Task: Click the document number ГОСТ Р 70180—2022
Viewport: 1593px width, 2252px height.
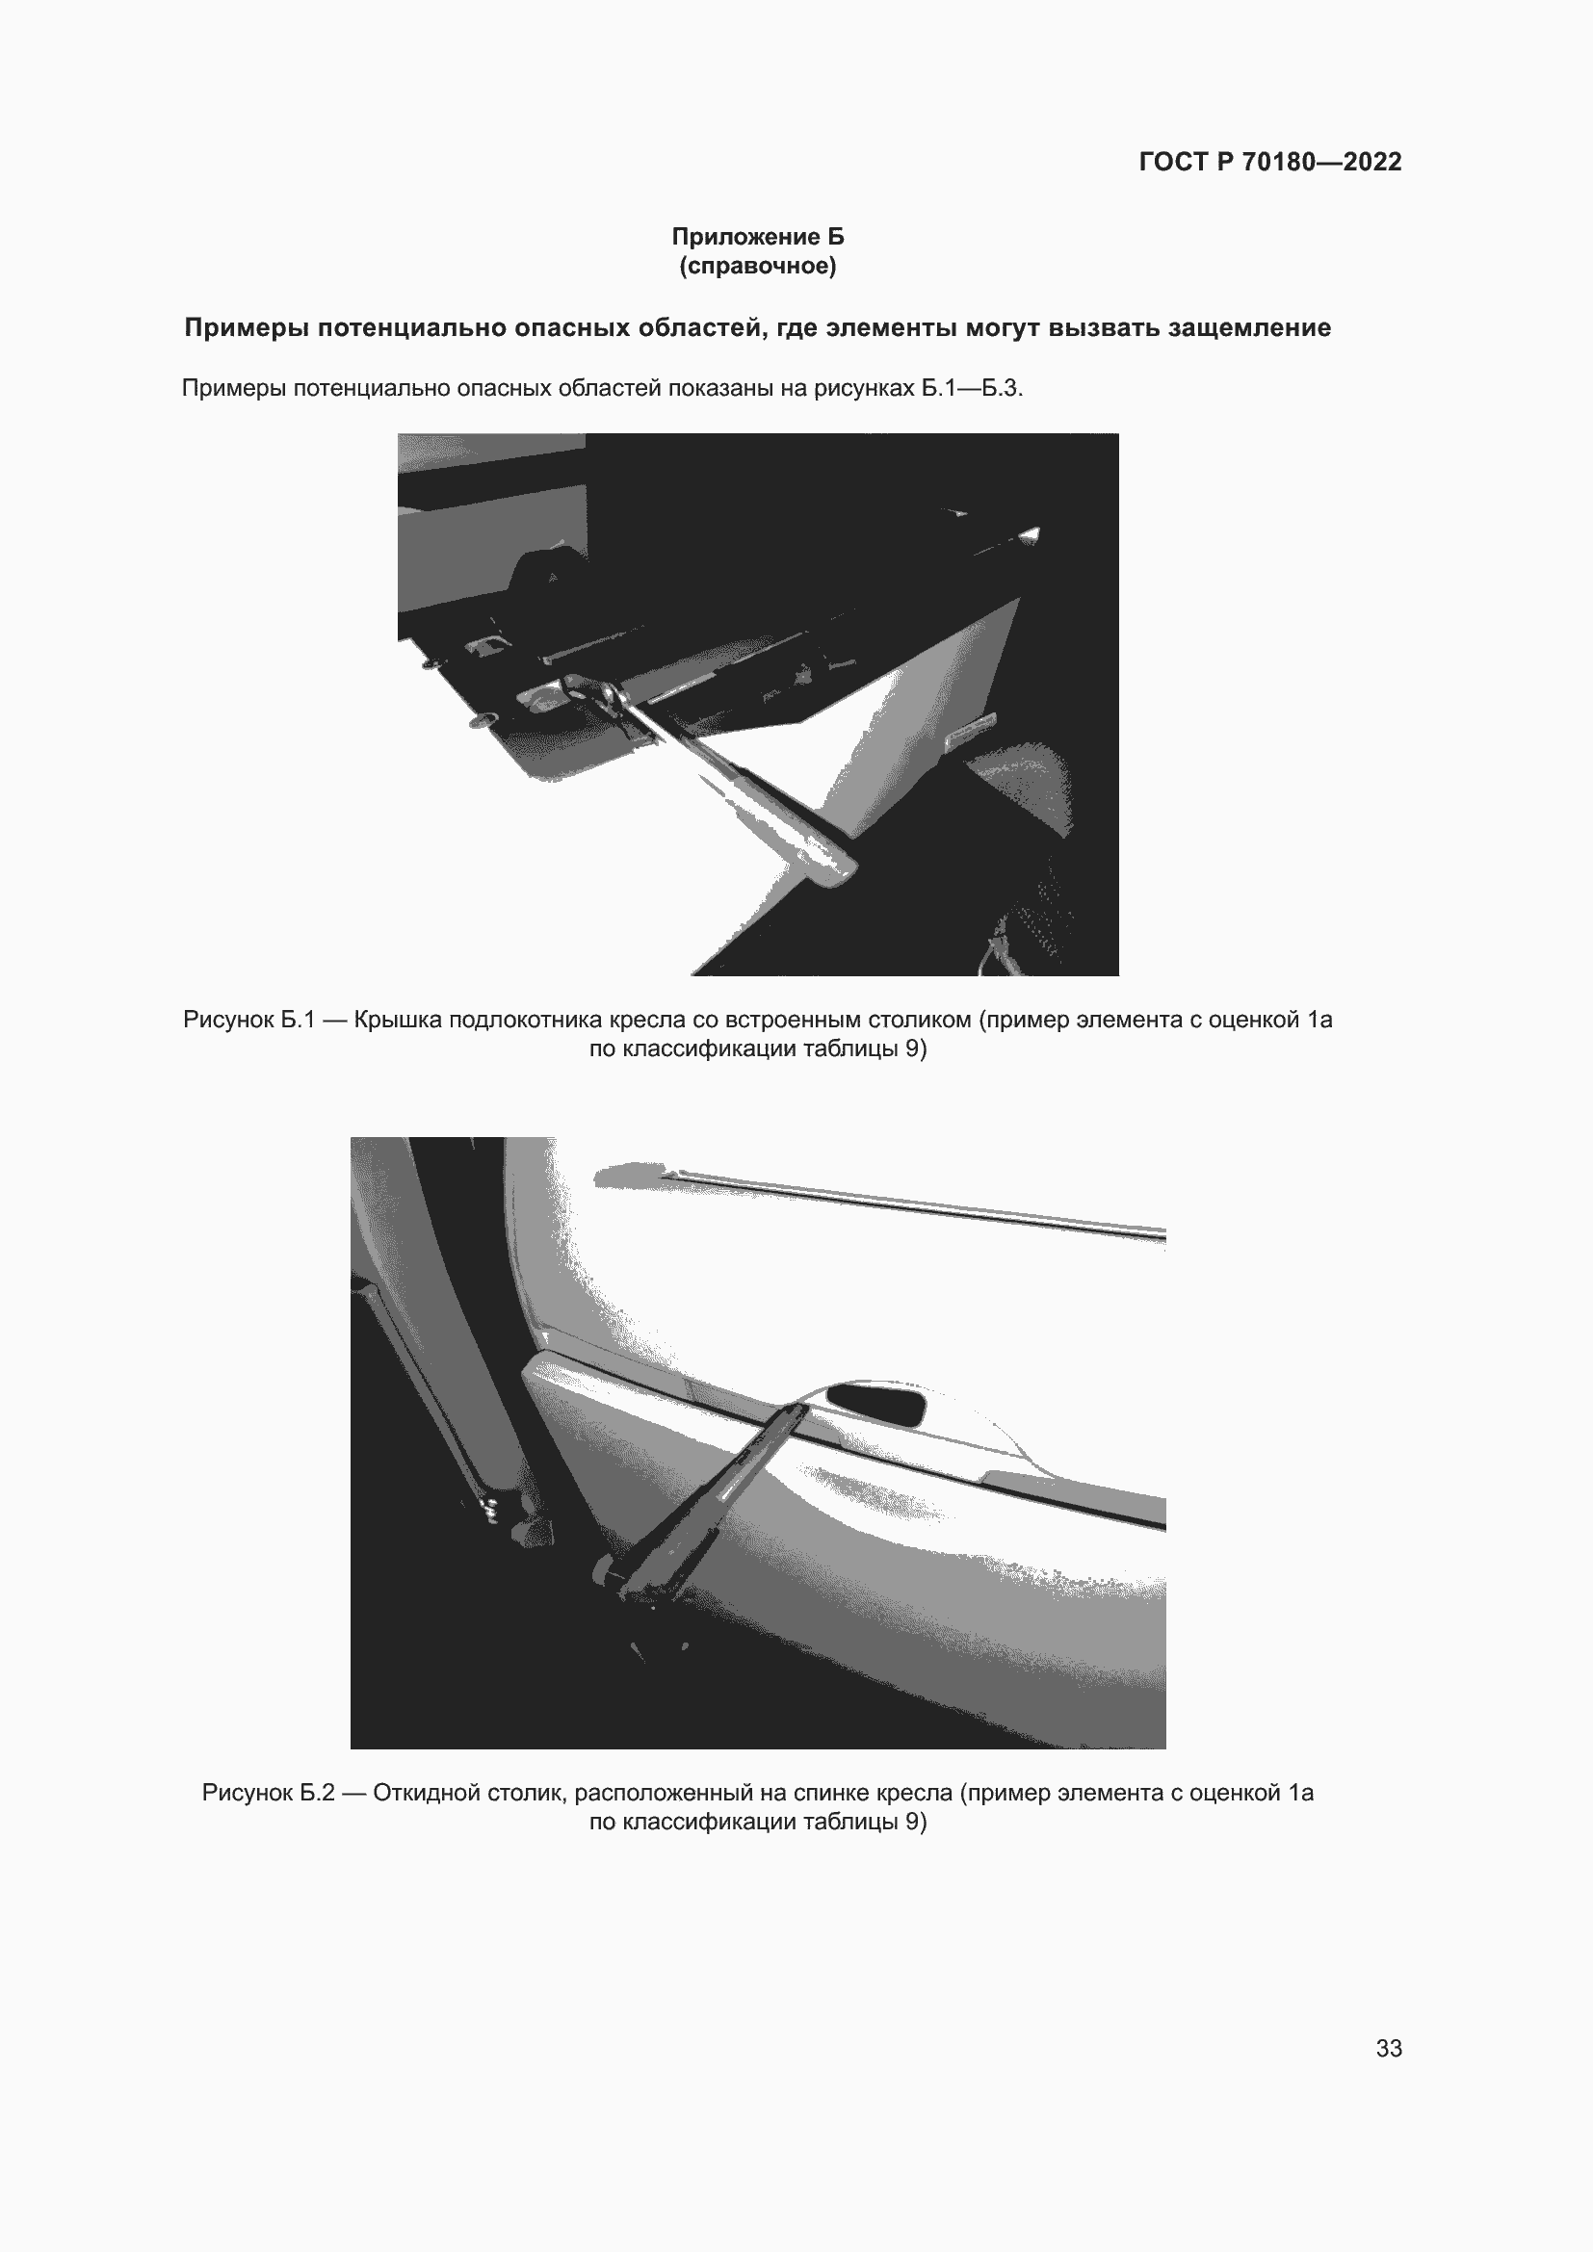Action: [x=1269, y=162]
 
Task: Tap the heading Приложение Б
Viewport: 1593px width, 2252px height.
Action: [x=757, y=237]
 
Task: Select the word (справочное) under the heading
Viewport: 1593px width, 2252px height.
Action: [x=757, y=266]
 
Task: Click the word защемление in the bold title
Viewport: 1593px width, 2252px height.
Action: [x=1249, y=327]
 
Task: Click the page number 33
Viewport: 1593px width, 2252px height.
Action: [x=1388, y=2048]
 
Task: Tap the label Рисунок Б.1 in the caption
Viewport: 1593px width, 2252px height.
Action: [x=249, y=1020]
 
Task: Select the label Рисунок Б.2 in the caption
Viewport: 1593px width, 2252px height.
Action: [x=268, y=1793]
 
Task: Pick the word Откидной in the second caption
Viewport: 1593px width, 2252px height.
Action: [x=417, y=1793]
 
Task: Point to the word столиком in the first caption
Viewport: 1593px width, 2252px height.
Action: [x=919, y=1020]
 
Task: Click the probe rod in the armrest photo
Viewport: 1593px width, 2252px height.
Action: [x=745, y=785]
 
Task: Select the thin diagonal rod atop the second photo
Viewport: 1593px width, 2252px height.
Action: [x=912, y=1202]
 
